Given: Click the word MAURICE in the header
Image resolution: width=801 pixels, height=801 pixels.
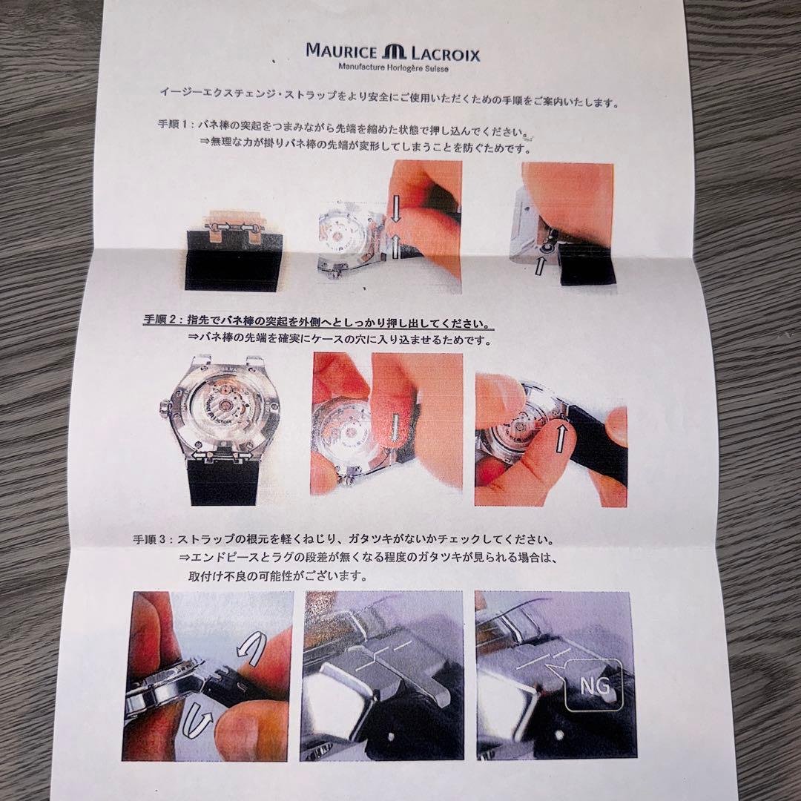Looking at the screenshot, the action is [341, 51].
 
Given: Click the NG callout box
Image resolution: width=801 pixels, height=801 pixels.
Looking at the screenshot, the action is [593, 685].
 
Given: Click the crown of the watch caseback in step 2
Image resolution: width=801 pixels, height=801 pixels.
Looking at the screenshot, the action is [162, 409].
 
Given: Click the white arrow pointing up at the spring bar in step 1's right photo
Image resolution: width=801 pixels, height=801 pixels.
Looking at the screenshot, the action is [541, 265].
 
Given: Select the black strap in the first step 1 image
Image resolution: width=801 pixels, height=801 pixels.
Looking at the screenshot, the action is [232, 260].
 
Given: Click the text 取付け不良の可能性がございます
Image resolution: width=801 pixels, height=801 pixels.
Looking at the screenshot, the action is [278, 576].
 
